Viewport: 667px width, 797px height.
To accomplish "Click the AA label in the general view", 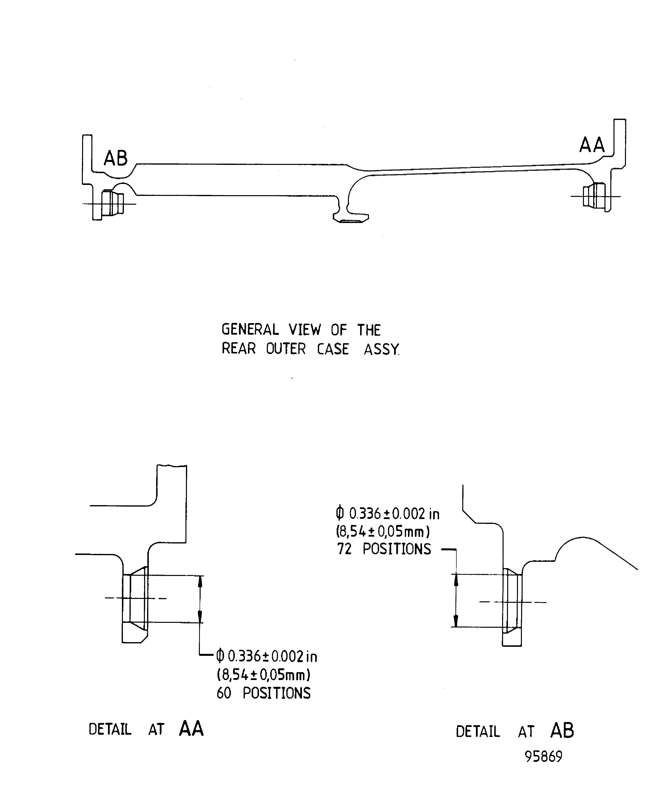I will pos(592,145).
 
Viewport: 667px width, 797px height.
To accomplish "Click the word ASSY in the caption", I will pos(381,349).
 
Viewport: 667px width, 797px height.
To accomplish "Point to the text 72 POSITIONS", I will pos(384,549).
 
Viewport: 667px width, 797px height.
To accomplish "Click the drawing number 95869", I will pos(543,756).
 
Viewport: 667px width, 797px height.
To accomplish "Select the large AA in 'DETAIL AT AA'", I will pos(191,728).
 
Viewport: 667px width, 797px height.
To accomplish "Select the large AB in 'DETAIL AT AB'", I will pos(562,730).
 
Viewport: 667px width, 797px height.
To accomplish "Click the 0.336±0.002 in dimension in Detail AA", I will pos(267,656).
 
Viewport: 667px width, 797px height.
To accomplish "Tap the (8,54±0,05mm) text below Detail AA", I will pos(263,675).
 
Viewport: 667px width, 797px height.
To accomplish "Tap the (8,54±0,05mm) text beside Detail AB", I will pos(383,532).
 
